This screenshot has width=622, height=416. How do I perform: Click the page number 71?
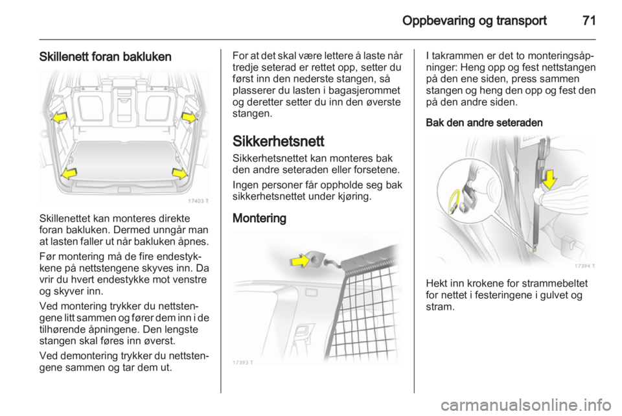click(589, 21)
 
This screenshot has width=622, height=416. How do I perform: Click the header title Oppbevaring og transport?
click(474, 21)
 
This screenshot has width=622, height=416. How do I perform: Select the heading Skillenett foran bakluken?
click(105, 57)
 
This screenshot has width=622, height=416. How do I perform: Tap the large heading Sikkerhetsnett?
click(278, 141)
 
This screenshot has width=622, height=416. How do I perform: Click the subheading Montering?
click(259, 218)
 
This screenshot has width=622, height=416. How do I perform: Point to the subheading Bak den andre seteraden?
click(484, 122)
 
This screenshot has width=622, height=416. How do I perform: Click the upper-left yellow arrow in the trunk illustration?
click(60, 117)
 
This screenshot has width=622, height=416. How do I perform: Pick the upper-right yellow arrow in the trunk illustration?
click(189, 117)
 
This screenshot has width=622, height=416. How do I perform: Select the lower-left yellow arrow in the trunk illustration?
click(69, 173)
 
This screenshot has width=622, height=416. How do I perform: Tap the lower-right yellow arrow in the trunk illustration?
click(179, 173)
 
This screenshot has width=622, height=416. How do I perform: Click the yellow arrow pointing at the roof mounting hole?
click(300, 260)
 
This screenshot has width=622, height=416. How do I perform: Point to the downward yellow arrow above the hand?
click(549, 179)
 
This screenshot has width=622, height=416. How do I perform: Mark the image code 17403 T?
click(198, 201)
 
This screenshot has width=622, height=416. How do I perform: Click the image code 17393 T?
click(243, 362)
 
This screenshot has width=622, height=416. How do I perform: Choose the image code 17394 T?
click(584, 266)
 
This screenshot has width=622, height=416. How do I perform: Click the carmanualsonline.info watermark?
click(526, 405)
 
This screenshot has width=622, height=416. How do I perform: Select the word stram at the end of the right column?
click(439, 307)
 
